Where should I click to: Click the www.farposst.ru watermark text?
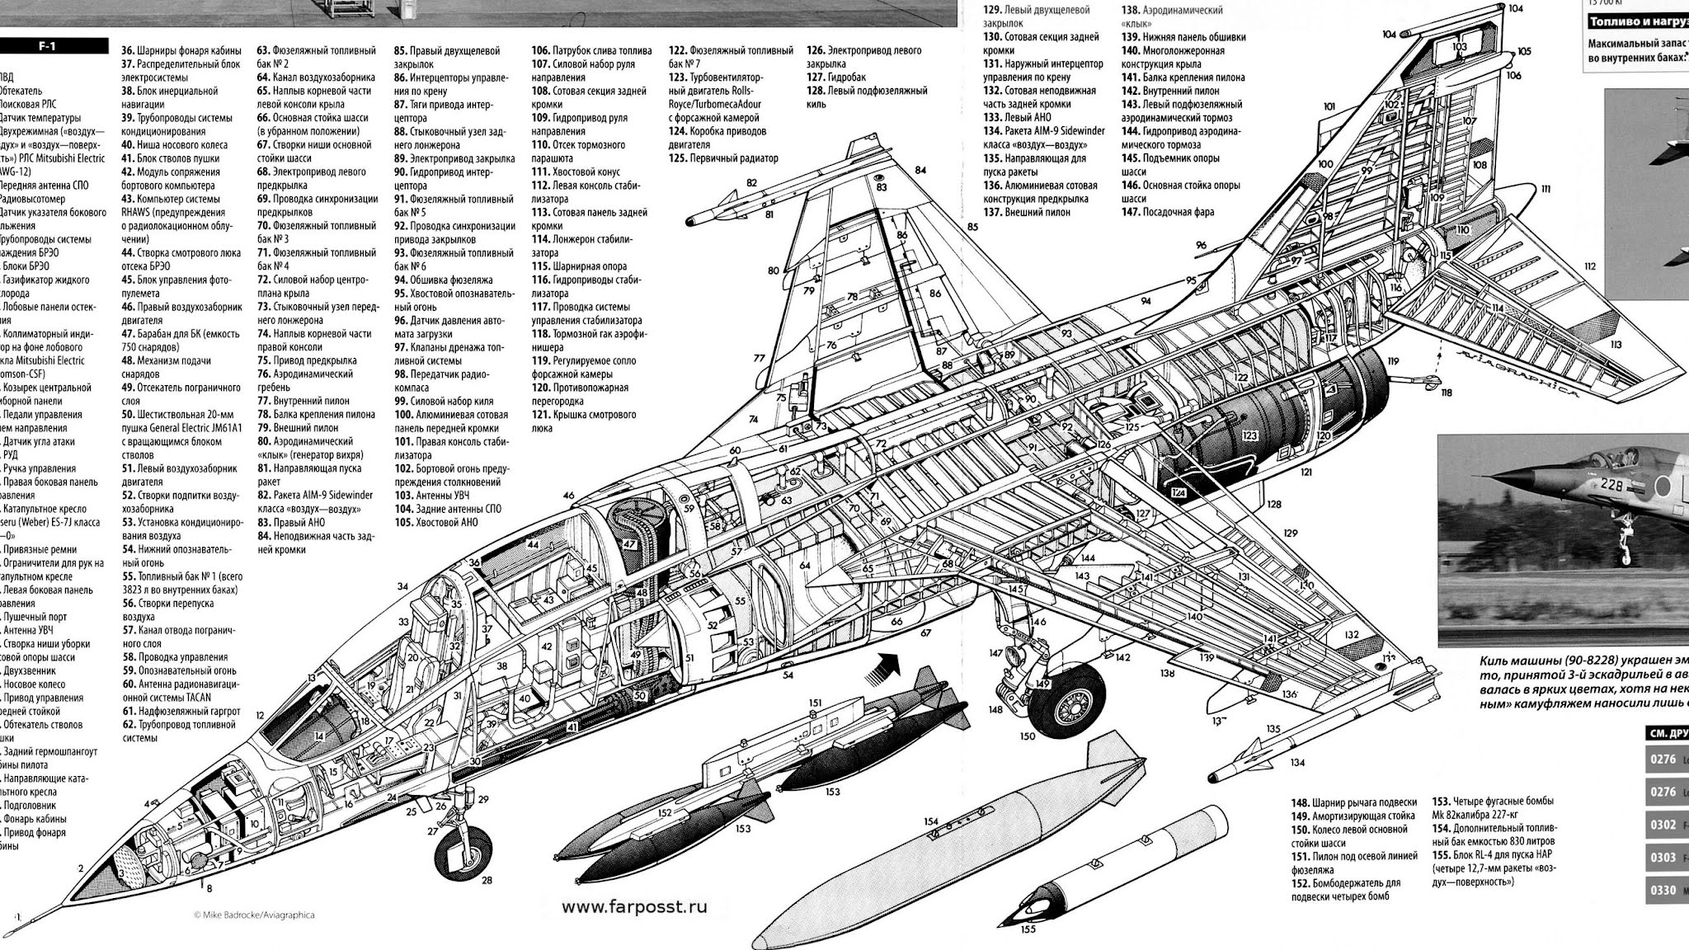click(x=634, y=906)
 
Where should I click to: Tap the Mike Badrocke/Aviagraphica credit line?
click(x=254, y=915)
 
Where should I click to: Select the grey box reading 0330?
click(x=1662, y=891)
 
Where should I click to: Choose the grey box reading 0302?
click(x=1662, y=825)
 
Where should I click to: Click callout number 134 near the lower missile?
click(x=1298, y=763)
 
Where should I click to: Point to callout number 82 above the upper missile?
click(x=751, y=182)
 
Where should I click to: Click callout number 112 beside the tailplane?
click(x=1589, y=266)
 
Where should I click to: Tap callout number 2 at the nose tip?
click(x=81, y=868)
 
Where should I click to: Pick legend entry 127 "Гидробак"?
click(x=837, y=78)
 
